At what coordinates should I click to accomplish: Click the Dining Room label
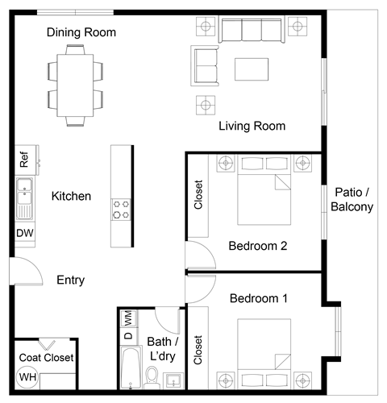(x=81, y=33)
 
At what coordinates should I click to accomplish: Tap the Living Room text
(x=252, y=127)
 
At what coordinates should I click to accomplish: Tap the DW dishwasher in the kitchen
(x=23, y=233)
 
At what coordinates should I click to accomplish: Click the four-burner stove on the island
(x=122, y=210)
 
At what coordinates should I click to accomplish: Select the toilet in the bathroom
(x=151, y=375)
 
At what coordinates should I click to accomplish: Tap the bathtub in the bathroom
(x=127, y=366)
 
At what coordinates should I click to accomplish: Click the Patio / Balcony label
(x=352, y=199)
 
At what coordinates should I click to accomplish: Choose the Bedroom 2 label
(x=258, y=246)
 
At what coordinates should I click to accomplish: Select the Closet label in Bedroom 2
(x=199, y=195)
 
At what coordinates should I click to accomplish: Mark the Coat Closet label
(x=45, y=357)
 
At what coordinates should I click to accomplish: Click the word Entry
(x=71, y=280)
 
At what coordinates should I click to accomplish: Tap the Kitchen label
(x=71, y=196)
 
